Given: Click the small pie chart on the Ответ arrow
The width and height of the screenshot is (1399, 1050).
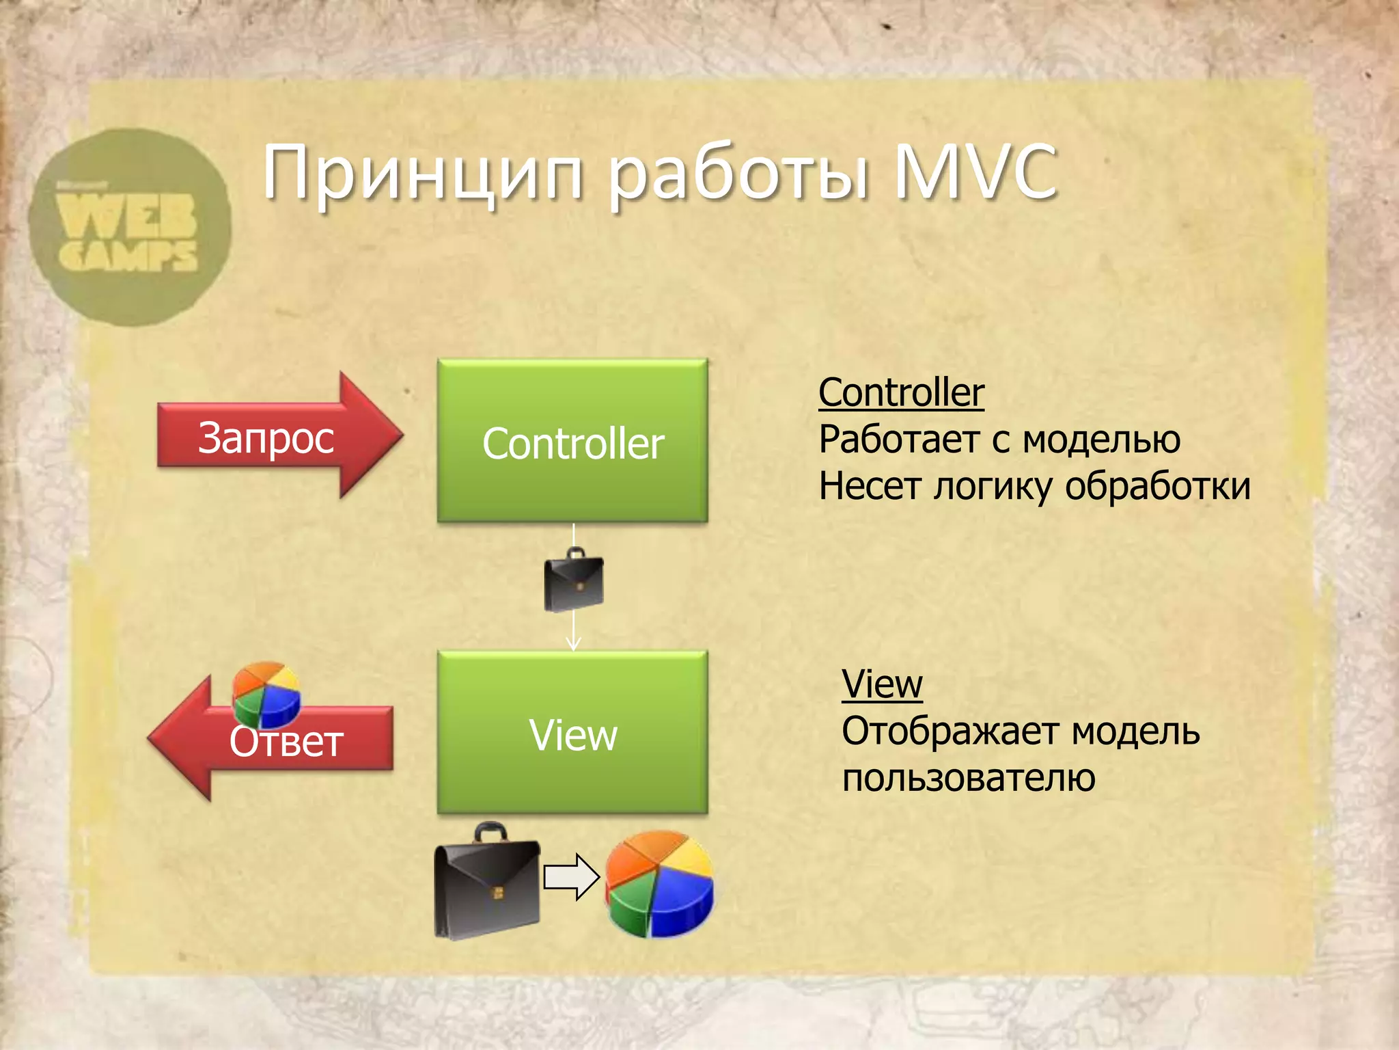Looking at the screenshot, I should tap(266, 693).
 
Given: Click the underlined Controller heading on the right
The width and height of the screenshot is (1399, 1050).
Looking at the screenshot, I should tap(901, 393).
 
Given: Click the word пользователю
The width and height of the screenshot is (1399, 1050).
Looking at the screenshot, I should tap(968, 779).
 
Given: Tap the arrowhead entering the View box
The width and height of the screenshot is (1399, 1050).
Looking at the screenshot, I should tap(573, 644).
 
